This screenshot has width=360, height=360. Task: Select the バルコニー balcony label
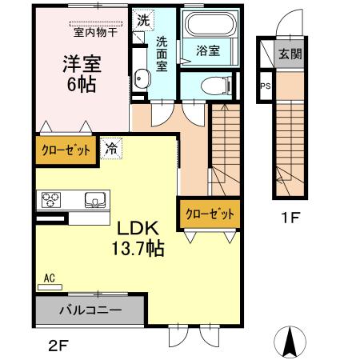[x=90, y=309]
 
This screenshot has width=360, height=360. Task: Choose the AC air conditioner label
[x=49, y=278]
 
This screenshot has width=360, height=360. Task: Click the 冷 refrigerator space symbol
[x=110, y=148]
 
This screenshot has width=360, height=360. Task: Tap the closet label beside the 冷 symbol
[x=66, y=150]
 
